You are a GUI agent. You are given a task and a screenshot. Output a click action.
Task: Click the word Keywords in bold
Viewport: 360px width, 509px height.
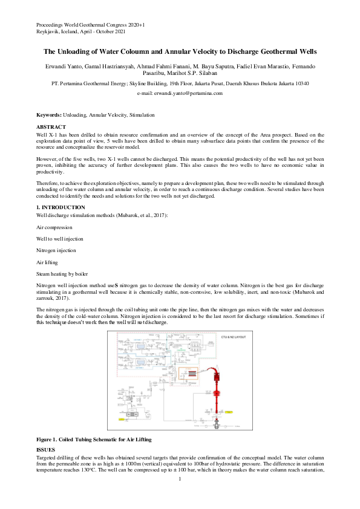(x=48, y=114)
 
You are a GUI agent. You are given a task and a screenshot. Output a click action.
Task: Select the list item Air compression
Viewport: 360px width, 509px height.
(x=54, y=227)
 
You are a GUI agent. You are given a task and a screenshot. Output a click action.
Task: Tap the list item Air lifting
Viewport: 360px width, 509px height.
(x=48, y=261)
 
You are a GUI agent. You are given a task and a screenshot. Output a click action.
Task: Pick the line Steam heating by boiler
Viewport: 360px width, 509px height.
(x=61, y=273)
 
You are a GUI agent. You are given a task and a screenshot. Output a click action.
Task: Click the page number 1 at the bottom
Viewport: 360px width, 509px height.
(x=180, y=479)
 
